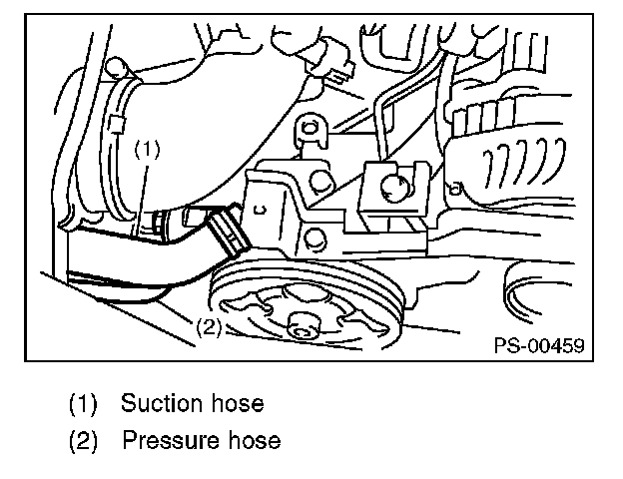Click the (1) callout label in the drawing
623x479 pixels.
pyautogui.click(x=147, y=150)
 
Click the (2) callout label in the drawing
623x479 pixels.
pyautogui.click(x=207, y=327)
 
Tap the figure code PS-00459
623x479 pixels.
pyautogui.click(x=538, y=346)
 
